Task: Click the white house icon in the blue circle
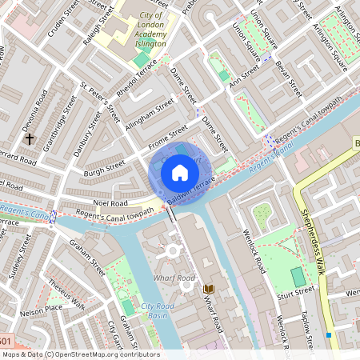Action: tap(180, 172)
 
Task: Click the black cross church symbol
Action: tap(30, 138)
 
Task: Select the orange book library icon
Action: tap(209, 288)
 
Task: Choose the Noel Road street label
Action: tap(110, 203)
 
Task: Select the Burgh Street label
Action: tap(105, 168)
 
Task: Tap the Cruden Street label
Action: tap(63, 18)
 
